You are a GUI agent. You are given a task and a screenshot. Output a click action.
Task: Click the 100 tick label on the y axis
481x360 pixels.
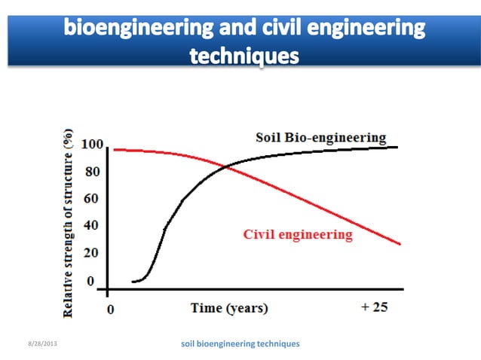92,145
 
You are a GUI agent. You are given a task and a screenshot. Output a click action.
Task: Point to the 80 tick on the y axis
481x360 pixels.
92,172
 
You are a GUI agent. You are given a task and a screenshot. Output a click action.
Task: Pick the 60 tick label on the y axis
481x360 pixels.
92,200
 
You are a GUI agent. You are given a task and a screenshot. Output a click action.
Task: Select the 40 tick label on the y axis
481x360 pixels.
92,226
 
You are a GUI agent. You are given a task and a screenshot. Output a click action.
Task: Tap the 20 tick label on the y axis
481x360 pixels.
92,253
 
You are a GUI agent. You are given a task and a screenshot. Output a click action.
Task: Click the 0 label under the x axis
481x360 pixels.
111,309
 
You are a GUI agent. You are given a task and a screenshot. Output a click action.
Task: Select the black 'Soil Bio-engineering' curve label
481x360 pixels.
320,138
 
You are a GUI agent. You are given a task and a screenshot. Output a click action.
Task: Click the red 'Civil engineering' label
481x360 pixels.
298,234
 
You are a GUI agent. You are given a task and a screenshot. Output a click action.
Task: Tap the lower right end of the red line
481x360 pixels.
400,244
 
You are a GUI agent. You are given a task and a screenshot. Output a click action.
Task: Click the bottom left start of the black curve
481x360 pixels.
133,282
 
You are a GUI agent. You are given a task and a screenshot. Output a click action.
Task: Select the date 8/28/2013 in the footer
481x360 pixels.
40,344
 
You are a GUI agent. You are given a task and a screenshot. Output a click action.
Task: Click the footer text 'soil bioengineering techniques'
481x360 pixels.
240,343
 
